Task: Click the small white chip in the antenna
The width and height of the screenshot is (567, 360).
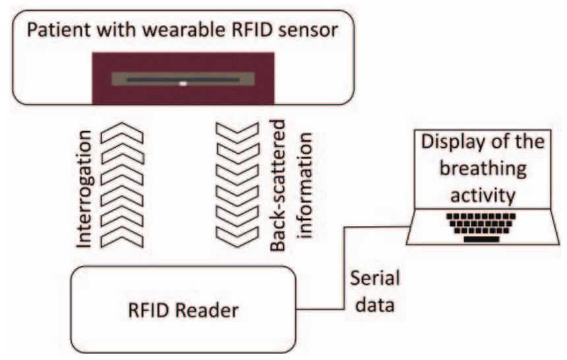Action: pyautogui.click(x=184, y=84)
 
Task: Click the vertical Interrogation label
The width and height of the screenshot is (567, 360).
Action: pyautogui.click(x=84, y=188)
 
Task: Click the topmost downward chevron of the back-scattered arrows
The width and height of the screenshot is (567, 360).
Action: pyautogui.click(x=235, y=134)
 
